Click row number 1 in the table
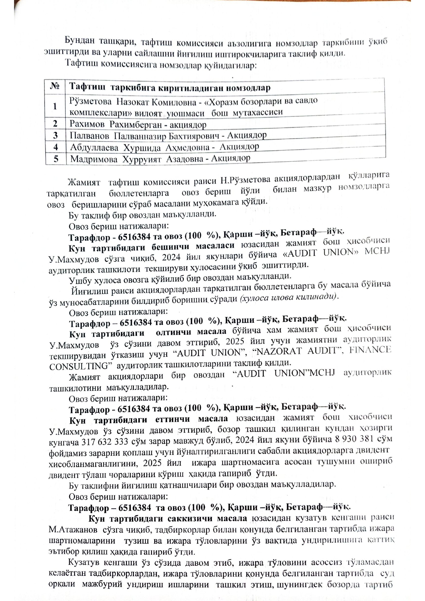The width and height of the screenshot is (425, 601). point(55,106)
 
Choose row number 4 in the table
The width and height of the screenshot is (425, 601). point(56,147)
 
